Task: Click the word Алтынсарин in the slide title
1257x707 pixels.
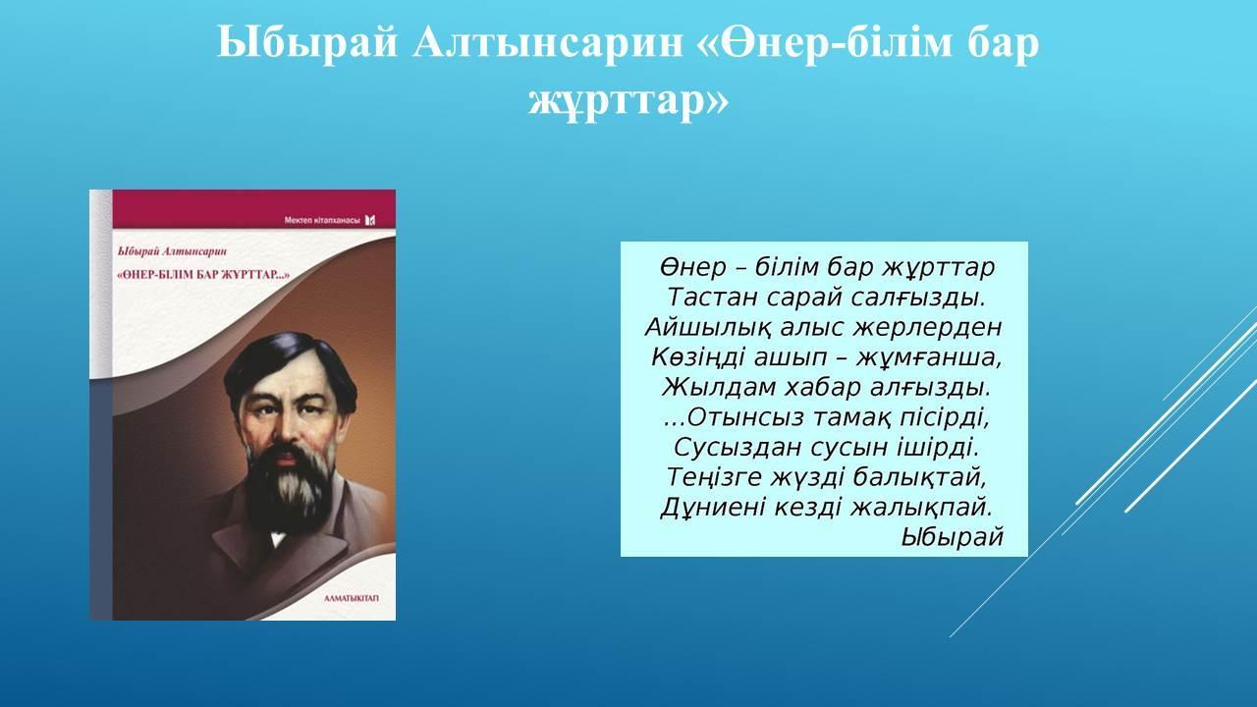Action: point(547,42)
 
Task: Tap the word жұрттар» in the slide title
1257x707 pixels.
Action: point(628,102)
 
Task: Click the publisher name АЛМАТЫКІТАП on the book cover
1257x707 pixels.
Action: point(352,598)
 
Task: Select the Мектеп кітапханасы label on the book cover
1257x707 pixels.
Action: point(322,221)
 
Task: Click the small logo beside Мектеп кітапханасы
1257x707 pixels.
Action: point(370,220)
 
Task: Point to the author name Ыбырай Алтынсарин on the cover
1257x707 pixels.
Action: point(172,252)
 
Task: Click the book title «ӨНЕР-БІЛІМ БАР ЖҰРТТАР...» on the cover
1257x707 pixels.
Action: point(204,275)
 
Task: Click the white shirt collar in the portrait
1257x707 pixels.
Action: point(278,540)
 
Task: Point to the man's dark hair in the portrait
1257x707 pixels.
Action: point(289,364)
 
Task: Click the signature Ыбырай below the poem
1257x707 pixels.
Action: point(952,537)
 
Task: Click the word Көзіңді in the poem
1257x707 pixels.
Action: point(698,358)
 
